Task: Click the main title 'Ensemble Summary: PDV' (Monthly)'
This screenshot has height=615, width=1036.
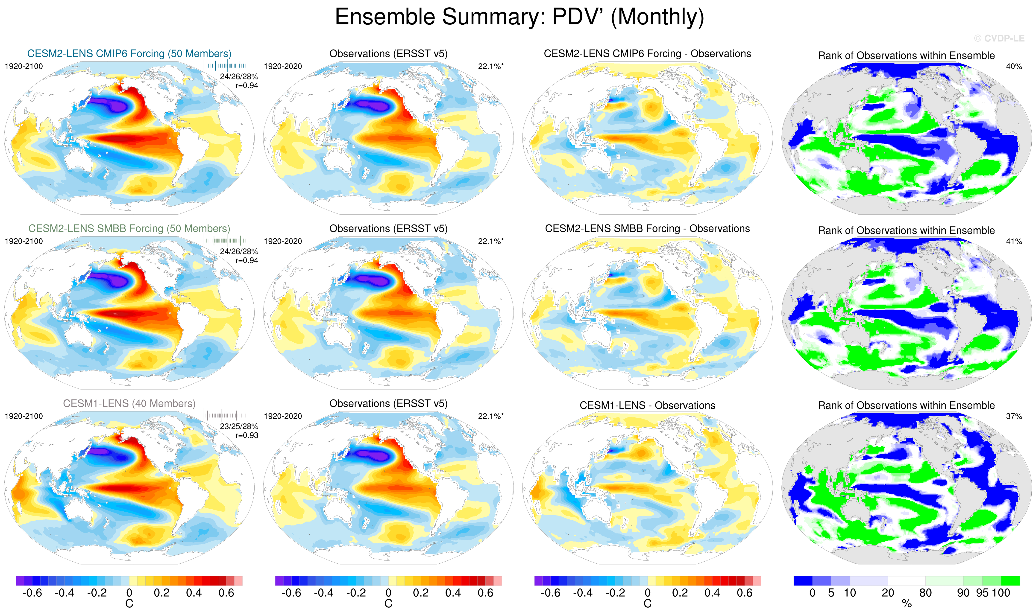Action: click(519, 17)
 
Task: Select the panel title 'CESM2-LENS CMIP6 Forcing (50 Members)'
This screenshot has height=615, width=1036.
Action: click(129, 54)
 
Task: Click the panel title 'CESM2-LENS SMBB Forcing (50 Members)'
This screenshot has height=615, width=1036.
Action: click(129, 229)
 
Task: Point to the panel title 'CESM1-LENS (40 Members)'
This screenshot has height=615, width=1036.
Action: click(129, 404)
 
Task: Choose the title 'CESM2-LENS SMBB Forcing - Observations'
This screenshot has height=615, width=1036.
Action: click(647, 229)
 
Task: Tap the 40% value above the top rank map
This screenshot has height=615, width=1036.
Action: click(1014, 66)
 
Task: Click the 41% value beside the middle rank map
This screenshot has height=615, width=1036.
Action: click(1014, 241)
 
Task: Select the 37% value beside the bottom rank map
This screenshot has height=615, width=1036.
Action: click(1014, 416)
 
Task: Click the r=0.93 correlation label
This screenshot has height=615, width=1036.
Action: click(247, 436)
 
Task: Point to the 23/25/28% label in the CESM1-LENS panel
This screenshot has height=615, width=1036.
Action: click(239, 426)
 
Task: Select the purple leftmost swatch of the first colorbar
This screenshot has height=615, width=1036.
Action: click(20, 581)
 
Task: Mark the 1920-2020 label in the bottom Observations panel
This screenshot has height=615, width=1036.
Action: click(283, 416)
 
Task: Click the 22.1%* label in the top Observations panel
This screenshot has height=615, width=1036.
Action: click(490, 66)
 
